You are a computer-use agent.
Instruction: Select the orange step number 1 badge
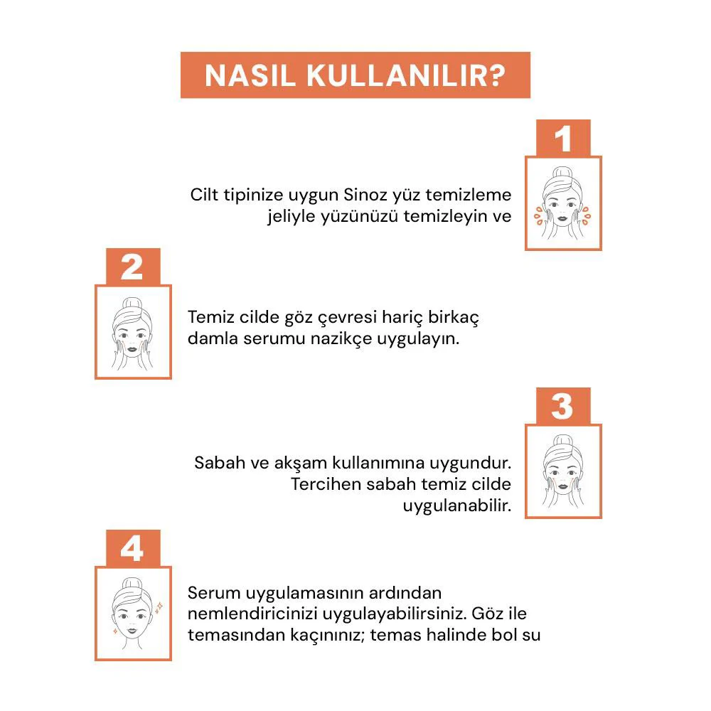pyautogui.click(x=563, y=139)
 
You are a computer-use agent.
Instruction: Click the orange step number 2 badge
pyautogui.click(x=132, y=267)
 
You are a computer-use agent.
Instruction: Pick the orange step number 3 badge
pyautogui.click(x=562, y=407)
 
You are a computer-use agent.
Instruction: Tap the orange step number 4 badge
pyautogui.click(x=132, y=549)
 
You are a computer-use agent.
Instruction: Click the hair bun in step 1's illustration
pyautogui.click(x=563, y=171)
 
